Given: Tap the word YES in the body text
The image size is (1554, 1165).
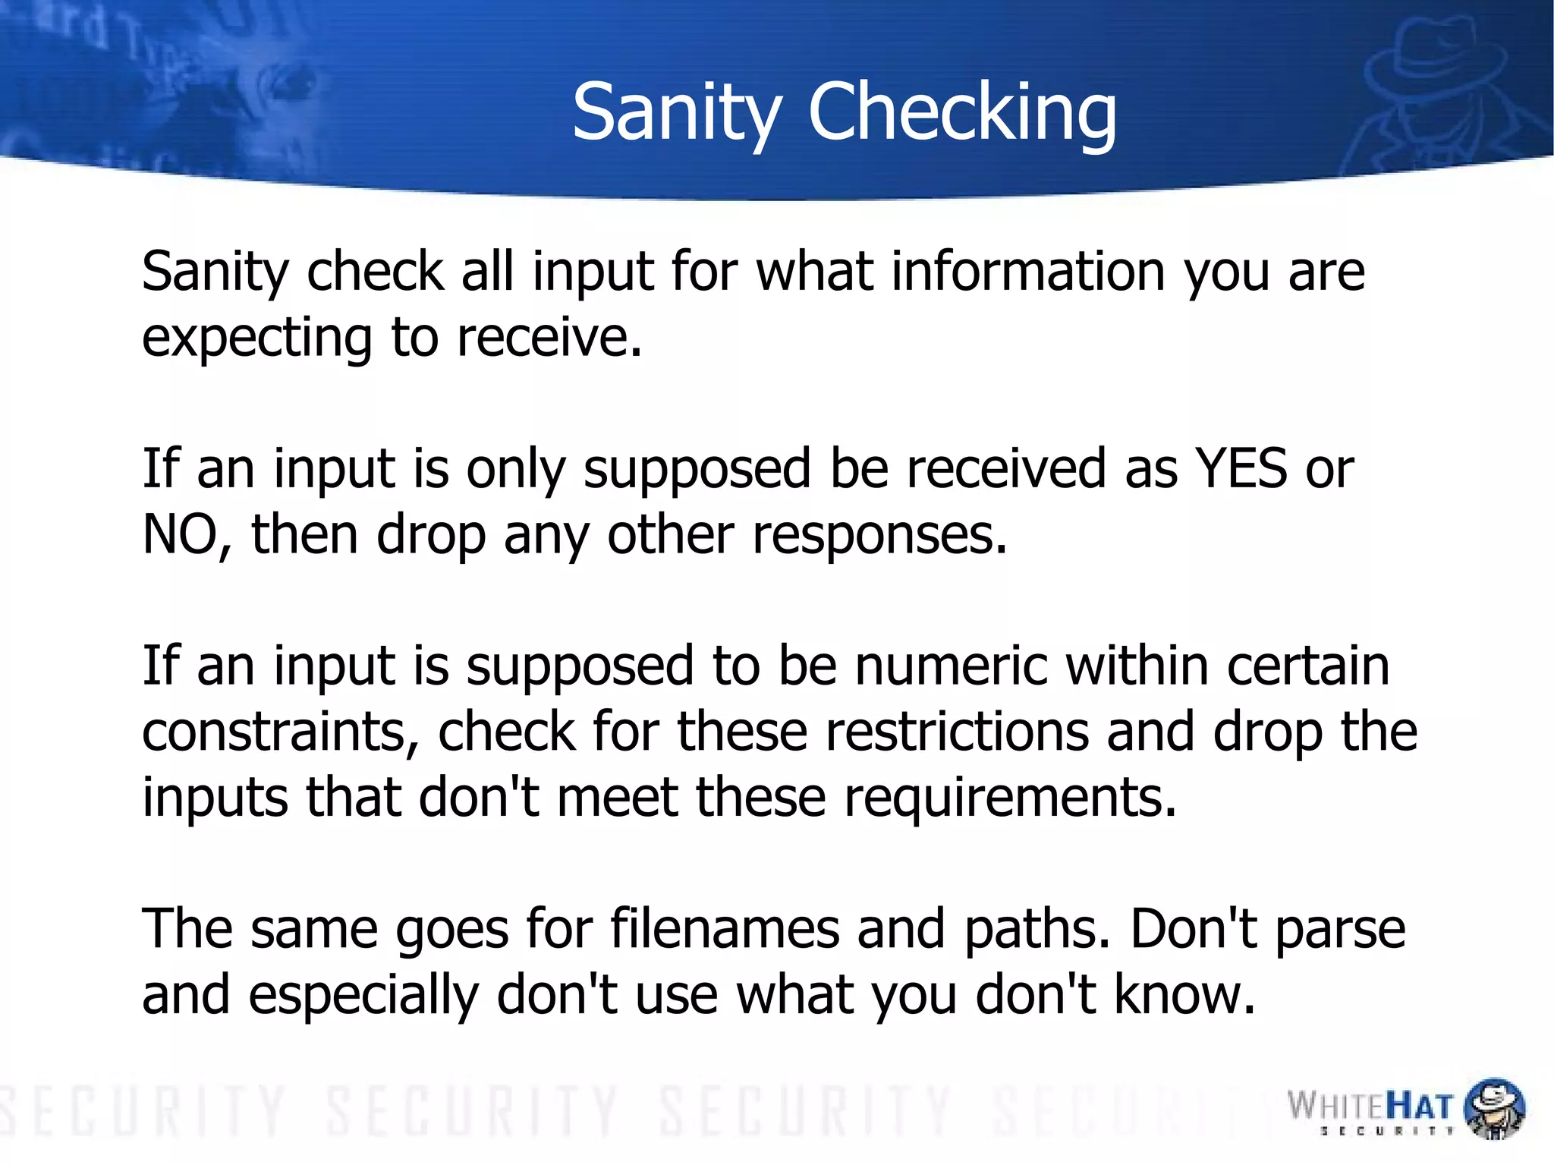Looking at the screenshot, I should pyautogui.click(x=1241, y=468).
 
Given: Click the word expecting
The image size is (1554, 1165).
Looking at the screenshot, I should pyautogui.click(x=256, y=338).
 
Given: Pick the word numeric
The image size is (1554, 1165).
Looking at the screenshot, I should pyautogui.click(x=952, y=666).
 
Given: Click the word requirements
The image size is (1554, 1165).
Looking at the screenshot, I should pyautogui.click(x=1010, y=798).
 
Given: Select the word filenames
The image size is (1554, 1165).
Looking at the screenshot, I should pyautogui.click(x=725, y=929).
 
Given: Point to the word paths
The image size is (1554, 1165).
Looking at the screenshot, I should pyautogui.click(x=1037, y=929).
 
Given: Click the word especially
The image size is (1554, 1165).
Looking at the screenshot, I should pyautogui.click(x=363, y=995).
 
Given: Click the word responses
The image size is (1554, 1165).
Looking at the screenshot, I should pyautogui.click(x=879, y=534).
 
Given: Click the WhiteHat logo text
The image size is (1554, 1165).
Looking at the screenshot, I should pyautogui.click(x=1370, y=1106).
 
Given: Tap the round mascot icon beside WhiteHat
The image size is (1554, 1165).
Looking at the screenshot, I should pyautogui.click(x=1493, y=1108).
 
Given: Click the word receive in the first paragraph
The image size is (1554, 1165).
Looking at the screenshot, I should pyautogui.click(x=549, y=338).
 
